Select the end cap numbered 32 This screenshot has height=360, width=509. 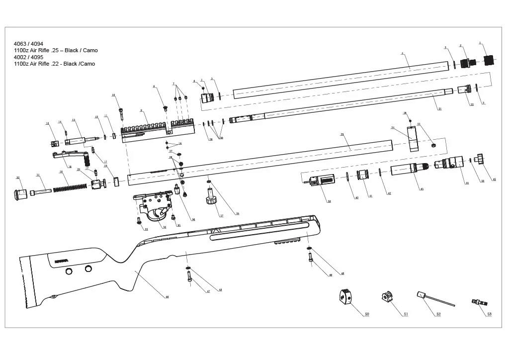coord(20,193)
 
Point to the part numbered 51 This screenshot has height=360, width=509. coord(386,297)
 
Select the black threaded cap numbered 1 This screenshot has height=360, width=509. coord(490,60)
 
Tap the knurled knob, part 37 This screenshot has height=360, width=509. coord(211,200)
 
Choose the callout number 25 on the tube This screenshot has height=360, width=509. coord(342,134)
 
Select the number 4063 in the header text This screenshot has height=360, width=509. coord(21,44)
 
